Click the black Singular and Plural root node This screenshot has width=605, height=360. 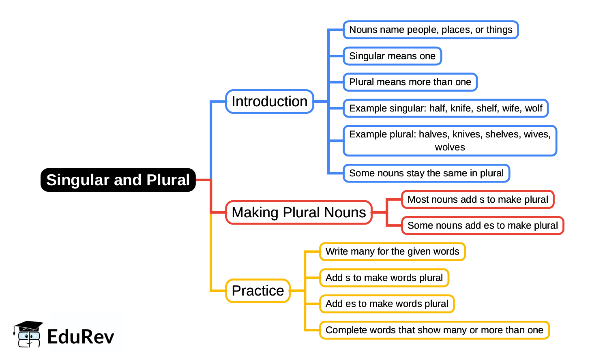tap(118, 180)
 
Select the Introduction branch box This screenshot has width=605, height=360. tap(270, 101)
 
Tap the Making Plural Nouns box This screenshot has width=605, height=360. tap(299, 212)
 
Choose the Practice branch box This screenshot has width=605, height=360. tap(258, 291)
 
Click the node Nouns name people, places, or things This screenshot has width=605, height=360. tap(431, 30)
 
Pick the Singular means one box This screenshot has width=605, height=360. tap(392, 56)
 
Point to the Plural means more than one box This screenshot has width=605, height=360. tap(410, 82)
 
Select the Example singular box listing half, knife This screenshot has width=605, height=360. tap(446, 108)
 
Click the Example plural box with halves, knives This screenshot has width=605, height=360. tap(450, 141)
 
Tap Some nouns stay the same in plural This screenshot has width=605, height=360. tap(426, 174)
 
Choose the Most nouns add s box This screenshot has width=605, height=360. tap(478, 199)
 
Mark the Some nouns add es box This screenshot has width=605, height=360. tap(483, 225)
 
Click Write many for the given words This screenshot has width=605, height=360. tap(392, 251)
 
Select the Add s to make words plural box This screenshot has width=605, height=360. tap(384, 278)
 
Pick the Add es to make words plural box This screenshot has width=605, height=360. tap(387, 304)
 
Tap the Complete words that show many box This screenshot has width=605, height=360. tap(434, 330)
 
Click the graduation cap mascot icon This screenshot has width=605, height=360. tap(28, 334)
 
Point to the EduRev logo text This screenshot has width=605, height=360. tap(81, 336)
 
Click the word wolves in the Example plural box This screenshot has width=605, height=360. tap(450, 147)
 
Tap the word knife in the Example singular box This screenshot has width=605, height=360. tap(461, 108)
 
